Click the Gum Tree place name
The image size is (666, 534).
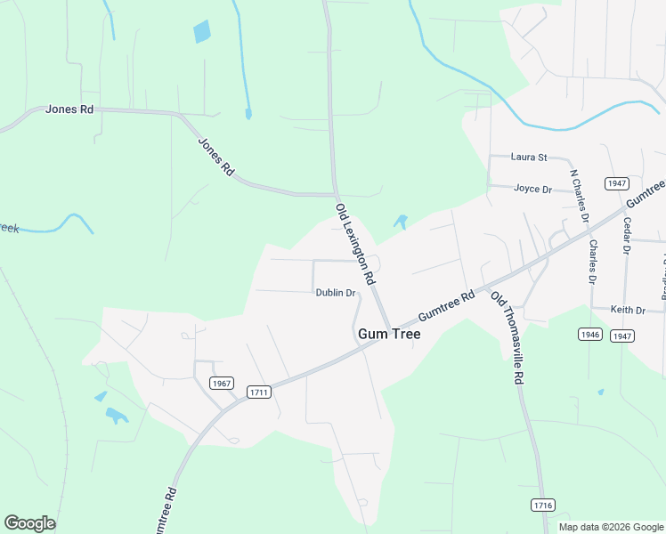pyautogui.click(x=388, y=335)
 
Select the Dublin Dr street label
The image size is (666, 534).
pyautogui.click(x=336, y=293)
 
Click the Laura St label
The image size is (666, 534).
pyautogui.click(x=529, y=158)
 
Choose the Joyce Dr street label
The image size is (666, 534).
pyautogui.click(x=533, y=190)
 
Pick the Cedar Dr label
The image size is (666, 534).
pyautogui.click(x=627, y=236)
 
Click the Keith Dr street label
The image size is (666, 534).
pyautogui.click(x=628, y=310)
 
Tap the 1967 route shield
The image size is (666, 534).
pyautogui.click(x=222, y=383)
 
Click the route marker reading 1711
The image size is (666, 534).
pyautogui.click(x=259, y=392)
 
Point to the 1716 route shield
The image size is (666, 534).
pyautogui.click(x=542, y=505)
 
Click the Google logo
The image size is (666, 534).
pyautogui.click(x=29, y=523)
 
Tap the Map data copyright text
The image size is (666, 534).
pyautogui.click(x=609, y=527)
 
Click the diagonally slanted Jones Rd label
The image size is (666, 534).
pyautogui.click(x=215, y=156)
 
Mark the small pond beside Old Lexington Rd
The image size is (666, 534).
pyautogui.click(x=401, y=222)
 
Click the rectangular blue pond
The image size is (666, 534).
pyautogui.click(x=202, y=31)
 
